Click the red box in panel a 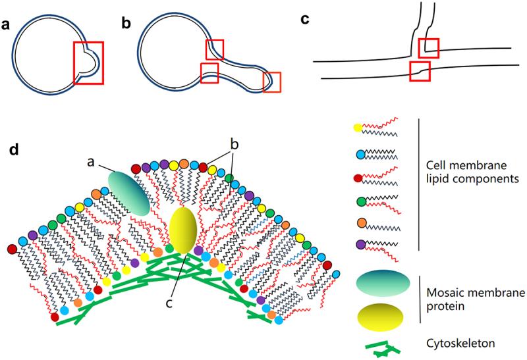(88, 63)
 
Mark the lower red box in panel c (420, 70)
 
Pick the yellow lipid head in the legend (357, 127)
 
